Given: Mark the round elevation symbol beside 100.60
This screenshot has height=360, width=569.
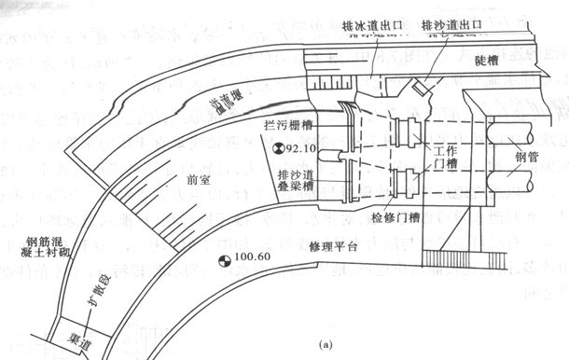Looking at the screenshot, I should tap(222, 261).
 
